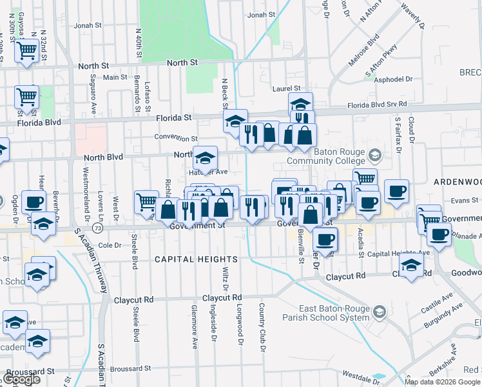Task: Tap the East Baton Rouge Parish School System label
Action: coord(326,313)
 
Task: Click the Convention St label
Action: coord(176,138)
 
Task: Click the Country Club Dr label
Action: coord(262,327)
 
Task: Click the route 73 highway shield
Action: coord(97,228)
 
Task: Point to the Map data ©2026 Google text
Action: coord(442,382)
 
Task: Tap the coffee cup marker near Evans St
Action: coord(396,190)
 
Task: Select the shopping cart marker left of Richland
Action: coord(146,201)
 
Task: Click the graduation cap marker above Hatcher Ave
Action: coord(205,157)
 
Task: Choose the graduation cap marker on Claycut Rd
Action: coord(411,264)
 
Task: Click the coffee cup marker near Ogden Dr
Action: coord(34,201)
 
